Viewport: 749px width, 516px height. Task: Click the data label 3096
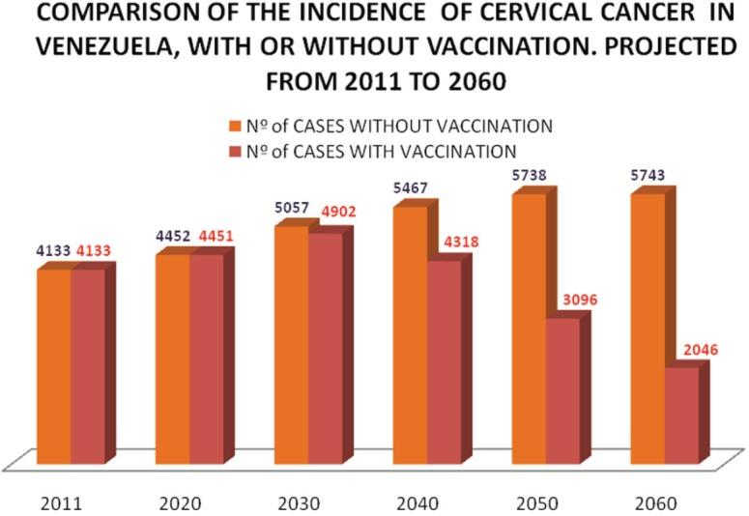[578, 301]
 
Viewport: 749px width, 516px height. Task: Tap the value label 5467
[411, 187]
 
